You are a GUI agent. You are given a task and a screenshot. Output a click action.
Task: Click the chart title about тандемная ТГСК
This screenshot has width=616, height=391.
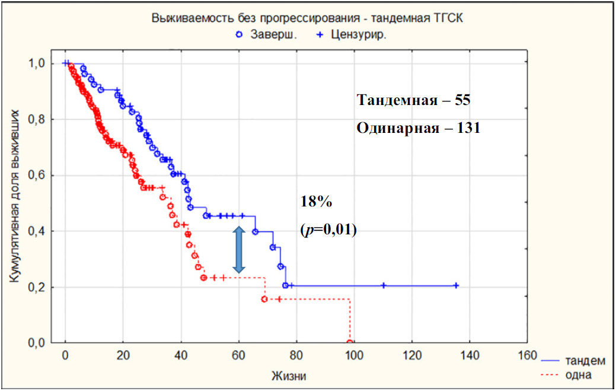click(308, 19)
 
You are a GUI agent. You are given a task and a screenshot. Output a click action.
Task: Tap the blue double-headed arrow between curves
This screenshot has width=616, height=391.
click(238, 250)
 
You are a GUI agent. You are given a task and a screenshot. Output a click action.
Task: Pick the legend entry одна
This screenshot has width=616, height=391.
click(579, 375)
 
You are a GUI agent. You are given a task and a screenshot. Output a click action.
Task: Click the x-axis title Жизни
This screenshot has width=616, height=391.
click(290, 376)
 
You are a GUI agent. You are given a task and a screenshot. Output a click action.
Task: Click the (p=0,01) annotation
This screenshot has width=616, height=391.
click(328, 230)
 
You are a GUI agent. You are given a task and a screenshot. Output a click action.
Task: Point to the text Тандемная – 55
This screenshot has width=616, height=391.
click(413, 100)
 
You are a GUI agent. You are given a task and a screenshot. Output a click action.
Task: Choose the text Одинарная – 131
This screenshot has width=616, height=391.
click(418, 127)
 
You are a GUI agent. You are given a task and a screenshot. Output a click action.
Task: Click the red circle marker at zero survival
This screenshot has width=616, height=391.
click(350, 343)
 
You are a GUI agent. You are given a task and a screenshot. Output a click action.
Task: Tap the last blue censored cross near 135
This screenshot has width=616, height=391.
click(457, 285)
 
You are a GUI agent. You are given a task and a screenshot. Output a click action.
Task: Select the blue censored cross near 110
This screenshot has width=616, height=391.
click(384, 285)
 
